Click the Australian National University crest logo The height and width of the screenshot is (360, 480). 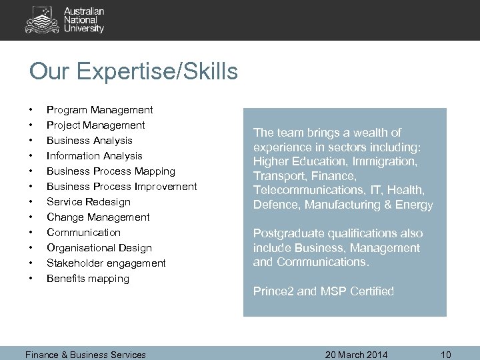point(41,20)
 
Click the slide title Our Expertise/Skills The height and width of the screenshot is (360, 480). point(133,71)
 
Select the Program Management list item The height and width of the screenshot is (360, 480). point(99,110)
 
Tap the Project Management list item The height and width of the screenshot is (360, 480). point(95,125)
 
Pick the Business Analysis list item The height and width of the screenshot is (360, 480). point(89,141)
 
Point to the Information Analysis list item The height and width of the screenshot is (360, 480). point(94,156)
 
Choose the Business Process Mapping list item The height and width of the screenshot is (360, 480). point(111,171)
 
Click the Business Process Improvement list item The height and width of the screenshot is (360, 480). point(121,187)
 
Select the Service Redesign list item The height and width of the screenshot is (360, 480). point(88,202)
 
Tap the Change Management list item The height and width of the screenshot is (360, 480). point(98,217)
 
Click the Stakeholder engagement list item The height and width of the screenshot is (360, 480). point(106,263)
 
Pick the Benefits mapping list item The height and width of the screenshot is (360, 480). point(87,279)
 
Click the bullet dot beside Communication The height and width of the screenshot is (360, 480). point(31,233)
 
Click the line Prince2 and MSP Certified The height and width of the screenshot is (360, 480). point(323,291)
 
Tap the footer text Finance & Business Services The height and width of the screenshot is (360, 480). point(85,355)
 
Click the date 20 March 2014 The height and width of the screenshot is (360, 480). point(356,355)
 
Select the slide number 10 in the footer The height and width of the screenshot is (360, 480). point(445,355)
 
